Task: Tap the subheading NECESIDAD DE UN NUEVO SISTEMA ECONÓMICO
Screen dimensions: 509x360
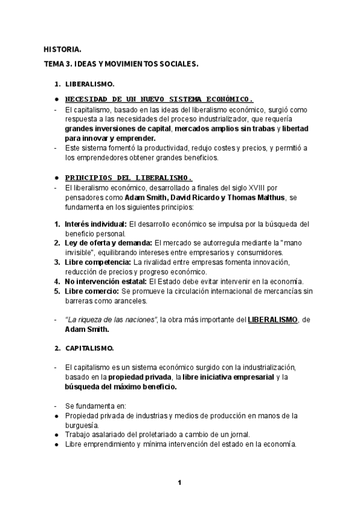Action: click(x=159, y=98)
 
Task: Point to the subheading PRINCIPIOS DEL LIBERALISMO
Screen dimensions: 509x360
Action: click(x=128, y=178)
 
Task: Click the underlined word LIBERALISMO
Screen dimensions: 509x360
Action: click(x=272, y=320)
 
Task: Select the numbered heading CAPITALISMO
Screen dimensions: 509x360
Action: click(x=89, y=348)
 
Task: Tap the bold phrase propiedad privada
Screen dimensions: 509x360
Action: click(x=139, y=377)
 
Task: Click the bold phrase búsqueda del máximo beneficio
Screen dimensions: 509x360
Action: click(x=121, y=387)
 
